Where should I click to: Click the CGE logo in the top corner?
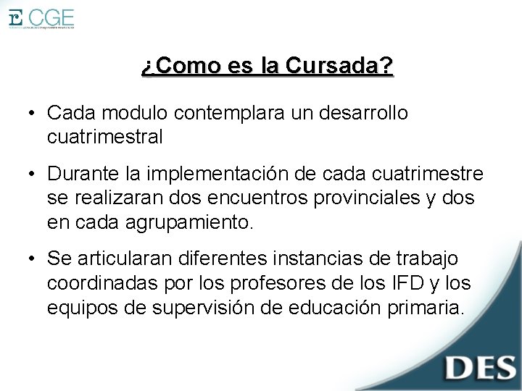click(41, 18)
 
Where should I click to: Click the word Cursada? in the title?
click(339, 67)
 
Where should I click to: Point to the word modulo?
click(133, 114)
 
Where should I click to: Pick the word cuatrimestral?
click(104, 135)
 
